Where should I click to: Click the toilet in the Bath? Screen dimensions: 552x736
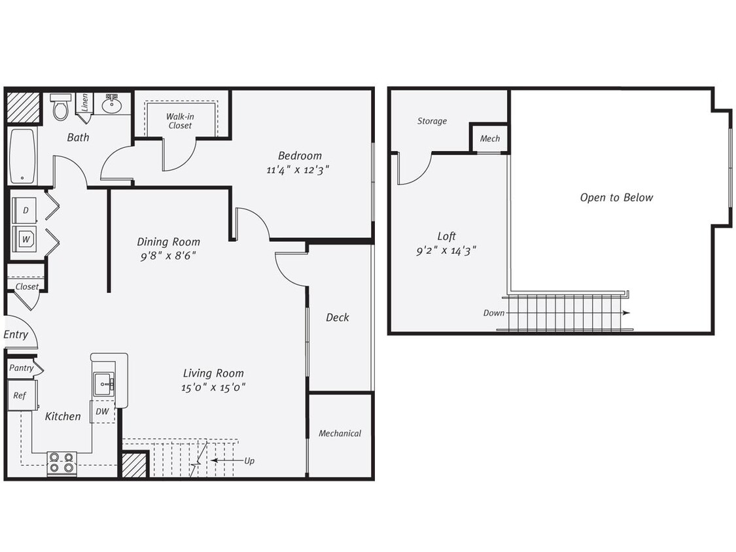[61, 107]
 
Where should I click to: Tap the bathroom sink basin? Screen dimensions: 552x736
[112, 104]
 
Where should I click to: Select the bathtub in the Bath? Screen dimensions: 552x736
[22, 156]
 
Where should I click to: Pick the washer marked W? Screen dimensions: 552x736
[26, 239]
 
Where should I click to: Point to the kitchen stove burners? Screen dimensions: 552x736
[61, 463]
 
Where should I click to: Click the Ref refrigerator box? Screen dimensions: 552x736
[21, 396]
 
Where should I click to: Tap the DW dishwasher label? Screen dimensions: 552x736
[102, 411]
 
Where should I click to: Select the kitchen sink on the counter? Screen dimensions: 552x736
[103, 384]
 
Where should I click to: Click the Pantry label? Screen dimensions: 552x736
[22, 368]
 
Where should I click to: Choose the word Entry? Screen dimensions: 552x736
[16, 335]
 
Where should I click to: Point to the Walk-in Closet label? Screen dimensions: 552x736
[180, 121]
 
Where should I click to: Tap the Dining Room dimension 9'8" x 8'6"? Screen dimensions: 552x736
[168, 256]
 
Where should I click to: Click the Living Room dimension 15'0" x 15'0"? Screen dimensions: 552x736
[213, 387]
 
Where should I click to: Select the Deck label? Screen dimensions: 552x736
[338, 317]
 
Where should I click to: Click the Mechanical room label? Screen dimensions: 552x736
[340, 433]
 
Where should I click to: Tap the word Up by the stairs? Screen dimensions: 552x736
[249, 460]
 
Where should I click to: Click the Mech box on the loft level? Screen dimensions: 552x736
[489, 138]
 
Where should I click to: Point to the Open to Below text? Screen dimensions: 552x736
[616, 197]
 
